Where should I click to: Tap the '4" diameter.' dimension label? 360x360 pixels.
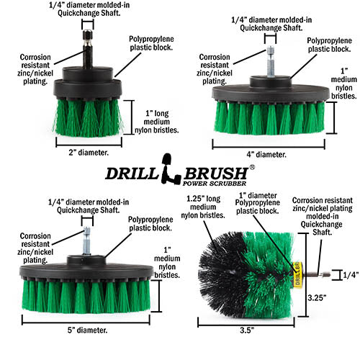coord(267,154)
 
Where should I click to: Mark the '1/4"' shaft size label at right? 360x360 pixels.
coord(348,274)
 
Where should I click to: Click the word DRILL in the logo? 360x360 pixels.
coord(133,174)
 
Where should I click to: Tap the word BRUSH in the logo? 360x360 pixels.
coord(212,174)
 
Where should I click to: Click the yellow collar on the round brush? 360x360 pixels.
coord(294,274)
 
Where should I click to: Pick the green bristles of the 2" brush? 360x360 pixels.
coord(86,117)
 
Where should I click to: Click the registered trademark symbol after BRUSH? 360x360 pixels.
coord(251,167)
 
